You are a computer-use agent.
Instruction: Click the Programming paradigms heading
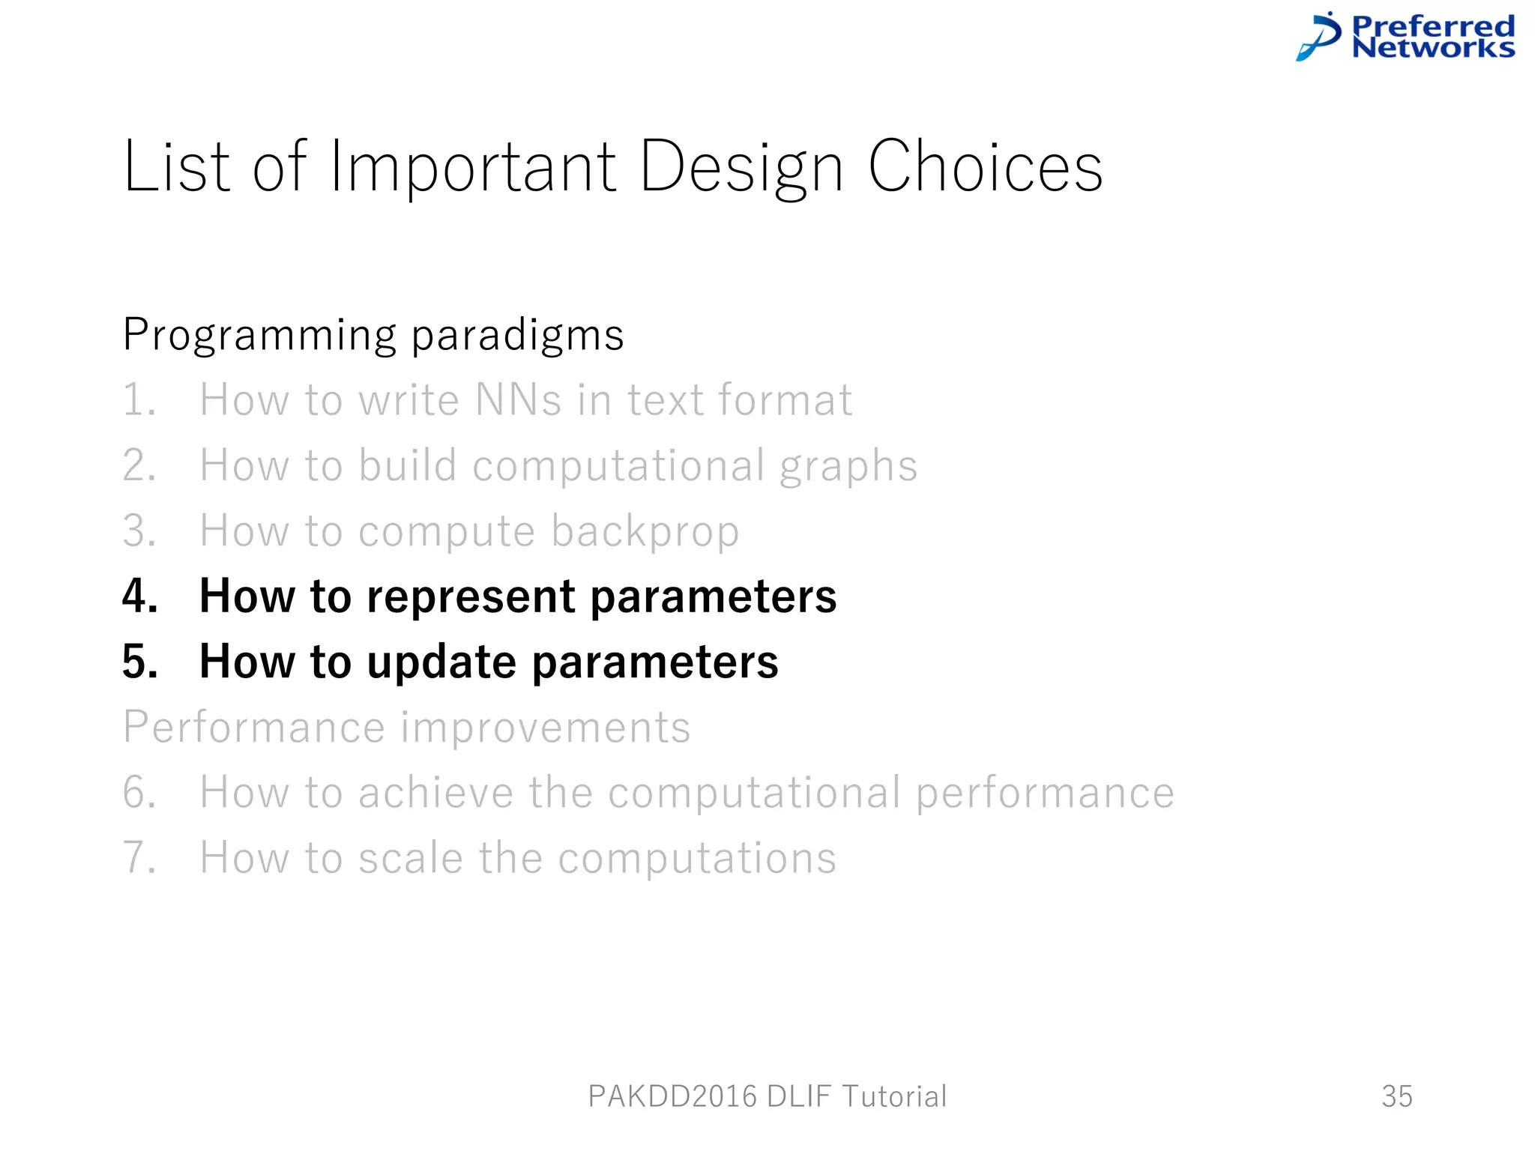(x=373, y=334)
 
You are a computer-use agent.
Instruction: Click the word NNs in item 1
(x=518, y=399)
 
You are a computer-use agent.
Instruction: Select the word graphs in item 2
(x=848, y=466)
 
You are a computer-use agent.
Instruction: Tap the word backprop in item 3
(x=645, y=531)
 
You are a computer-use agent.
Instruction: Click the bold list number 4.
(x=139, y=596)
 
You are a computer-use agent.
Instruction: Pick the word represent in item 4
(x=470, y=596)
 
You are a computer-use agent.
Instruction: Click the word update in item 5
(x=441, y=662)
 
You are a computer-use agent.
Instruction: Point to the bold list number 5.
(x=139, y=662)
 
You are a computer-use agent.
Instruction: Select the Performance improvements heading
(x=406, y=727)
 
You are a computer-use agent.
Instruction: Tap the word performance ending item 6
(x=1045, y=793)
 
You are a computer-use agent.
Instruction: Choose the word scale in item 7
(x=410, y=858)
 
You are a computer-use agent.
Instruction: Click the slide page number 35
(x=1397, y=1096)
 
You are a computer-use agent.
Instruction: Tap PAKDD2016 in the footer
(x=672, y=1096)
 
